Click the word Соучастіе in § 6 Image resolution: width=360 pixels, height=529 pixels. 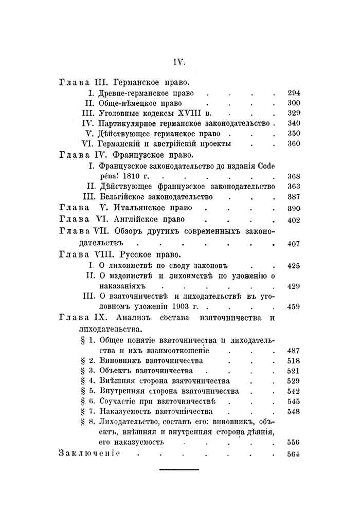tap(118, 401)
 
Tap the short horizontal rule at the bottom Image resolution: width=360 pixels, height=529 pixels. tap(178, 469)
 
